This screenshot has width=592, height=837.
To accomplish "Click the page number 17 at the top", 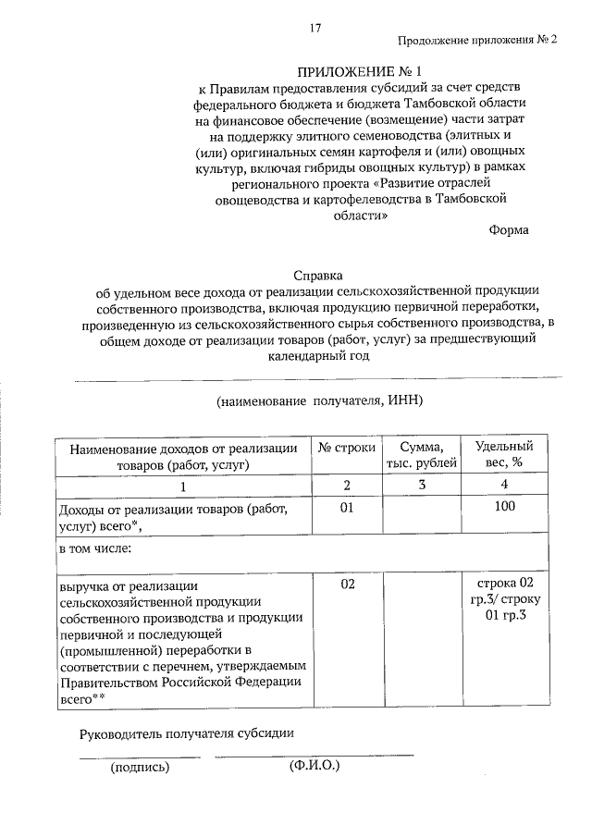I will pyautogui.click(x=315, y=29).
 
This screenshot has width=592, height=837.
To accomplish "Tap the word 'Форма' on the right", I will pyautogui.click(x=509, y=230).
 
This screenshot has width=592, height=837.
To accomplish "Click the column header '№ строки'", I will pyautogui.click(x=347, y=448).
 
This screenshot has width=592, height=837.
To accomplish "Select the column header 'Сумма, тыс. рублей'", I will pyautogui.click(x=421, y=455).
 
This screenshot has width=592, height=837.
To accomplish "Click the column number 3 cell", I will pyautogui.click(x=421, y=486).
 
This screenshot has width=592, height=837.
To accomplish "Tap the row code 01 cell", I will pyautogui.click(x=347, y=509).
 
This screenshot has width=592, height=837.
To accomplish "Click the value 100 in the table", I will pyautogui.click(x=504, y=509).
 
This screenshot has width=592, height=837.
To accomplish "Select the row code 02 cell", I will pyautogui.click(x=347, y=585).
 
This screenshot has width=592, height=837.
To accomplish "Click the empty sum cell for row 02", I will pyautogui.click(x=421, y=638).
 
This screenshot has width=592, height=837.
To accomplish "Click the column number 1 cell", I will pyautogui.click(x=183, y=486).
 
